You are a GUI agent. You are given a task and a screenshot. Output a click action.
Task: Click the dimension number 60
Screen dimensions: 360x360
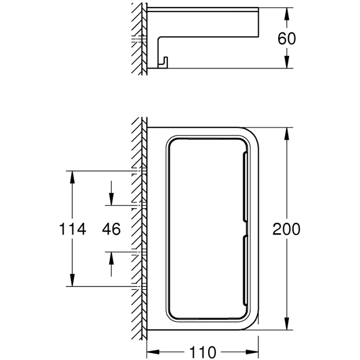pos(287,39)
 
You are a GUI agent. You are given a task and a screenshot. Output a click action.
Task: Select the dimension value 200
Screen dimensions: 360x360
pos(287,229)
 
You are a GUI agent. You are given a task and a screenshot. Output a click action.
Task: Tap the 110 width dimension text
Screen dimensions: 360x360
pos(202,352)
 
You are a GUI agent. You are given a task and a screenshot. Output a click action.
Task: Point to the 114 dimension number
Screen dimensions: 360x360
pos(72,229)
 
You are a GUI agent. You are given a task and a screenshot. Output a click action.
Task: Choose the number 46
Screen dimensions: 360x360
pos(111,229)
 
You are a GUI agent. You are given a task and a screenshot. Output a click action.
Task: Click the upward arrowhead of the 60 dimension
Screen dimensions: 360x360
pos(287,15)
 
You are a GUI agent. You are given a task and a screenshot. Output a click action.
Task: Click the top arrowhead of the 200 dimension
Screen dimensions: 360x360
pos(287,134)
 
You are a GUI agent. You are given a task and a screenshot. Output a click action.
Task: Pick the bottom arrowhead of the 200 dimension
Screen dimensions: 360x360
pos(287,323)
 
